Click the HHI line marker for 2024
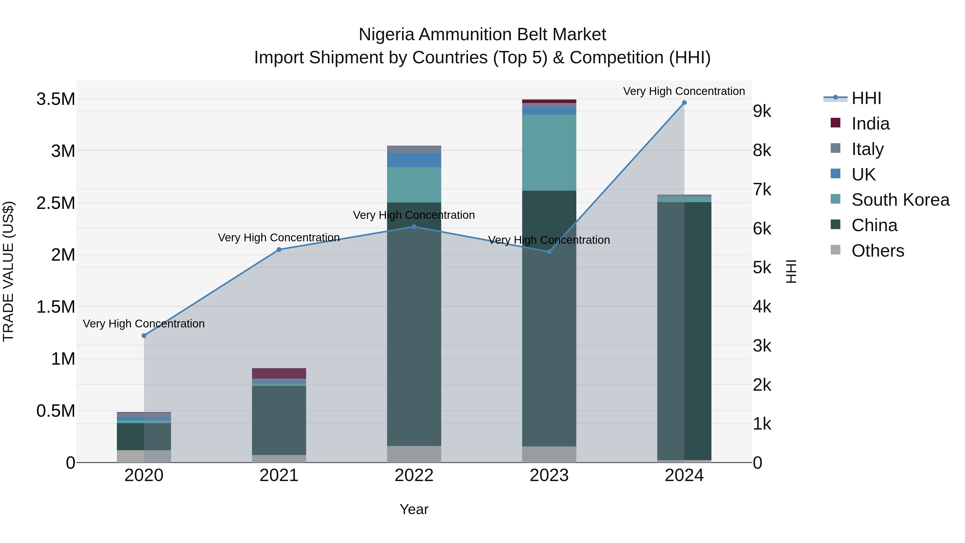click(x=684, y=103)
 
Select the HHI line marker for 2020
click(x=144, y=335)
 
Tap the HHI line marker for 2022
click(x=414, y=227)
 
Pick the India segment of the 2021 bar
click(x=279, y=373)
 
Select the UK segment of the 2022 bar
click(x=414, y=160)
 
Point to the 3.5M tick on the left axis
click(x=55, y=99)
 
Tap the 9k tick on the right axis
click(x=762, y=111)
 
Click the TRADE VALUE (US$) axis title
click(x=8, y=271)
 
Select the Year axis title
click(x=414, y=509)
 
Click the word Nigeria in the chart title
click(x=386, y=35)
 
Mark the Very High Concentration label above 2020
click(x=144, y=323)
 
